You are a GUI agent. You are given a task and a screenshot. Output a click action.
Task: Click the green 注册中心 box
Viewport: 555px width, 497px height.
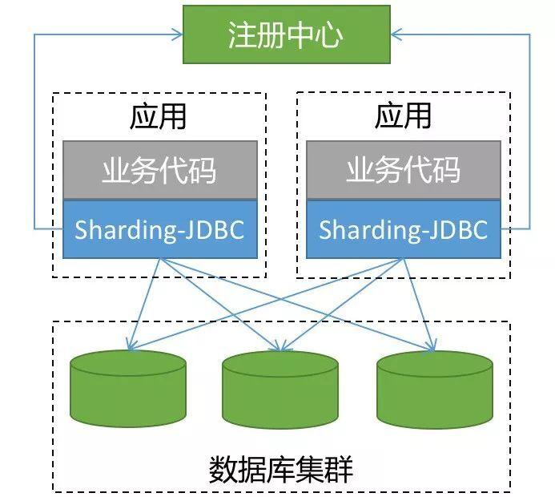(286, 35)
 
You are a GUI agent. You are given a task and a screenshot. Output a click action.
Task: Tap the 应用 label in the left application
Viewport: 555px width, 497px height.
(158, 117)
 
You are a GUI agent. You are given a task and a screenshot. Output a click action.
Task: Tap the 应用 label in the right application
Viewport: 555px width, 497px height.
(403, 117)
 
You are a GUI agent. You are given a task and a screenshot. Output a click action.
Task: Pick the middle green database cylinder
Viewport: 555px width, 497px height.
(280, 390)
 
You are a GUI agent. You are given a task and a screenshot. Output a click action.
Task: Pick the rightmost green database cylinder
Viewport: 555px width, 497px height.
(434, 390)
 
